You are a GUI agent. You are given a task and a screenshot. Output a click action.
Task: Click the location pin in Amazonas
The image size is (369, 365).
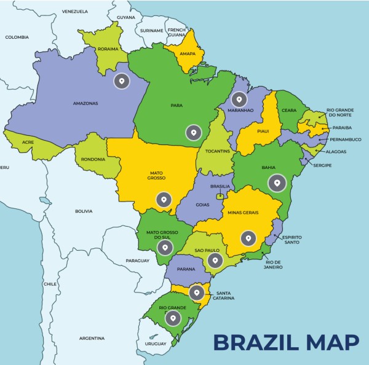(122, 81)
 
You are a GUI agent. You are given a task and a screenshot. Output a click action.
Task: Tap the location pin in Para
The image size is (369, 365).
(193, 131)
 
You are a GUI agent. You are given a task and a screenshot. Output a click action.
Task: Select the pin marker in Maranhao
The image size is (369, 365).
(239, 99)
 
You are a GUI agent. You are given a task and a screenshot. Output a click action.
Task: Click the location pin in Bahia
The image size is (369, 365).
(277, 183)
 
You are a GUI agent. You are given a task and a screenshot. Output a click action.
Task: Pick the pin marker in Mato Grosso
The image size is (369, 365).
(164, 199)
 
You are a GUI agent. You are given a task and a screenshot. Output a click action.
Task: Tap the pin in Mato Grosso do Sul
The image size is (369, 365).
(164, 248)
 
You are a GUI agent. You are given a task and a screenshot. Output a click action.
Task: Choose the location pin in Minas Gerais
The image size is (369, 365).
(248, 238)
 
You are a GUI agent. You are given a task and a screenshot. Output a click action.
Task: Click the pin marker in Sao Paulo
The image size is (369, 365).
(214, 261)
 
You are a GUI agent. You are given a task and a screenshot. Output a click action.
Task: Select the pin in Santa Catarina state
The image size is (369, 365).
(196, 292)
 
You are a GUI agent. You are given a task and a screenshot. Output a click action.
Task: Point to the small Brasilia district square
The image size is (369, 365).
(220, 197)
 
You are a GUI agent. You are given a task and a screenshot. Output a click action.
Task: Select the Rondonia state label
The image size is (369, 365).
(93, 160)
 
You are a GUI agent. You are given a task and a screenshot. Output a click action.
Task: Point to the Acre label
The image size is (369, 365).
(27, 141)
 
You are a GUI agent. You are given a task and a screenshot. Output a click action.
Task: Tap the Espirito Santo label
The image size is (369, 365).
(292, 239)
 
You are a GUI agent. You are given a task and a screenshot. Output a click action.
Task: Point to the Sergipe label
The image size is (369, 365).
(322, 165)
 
